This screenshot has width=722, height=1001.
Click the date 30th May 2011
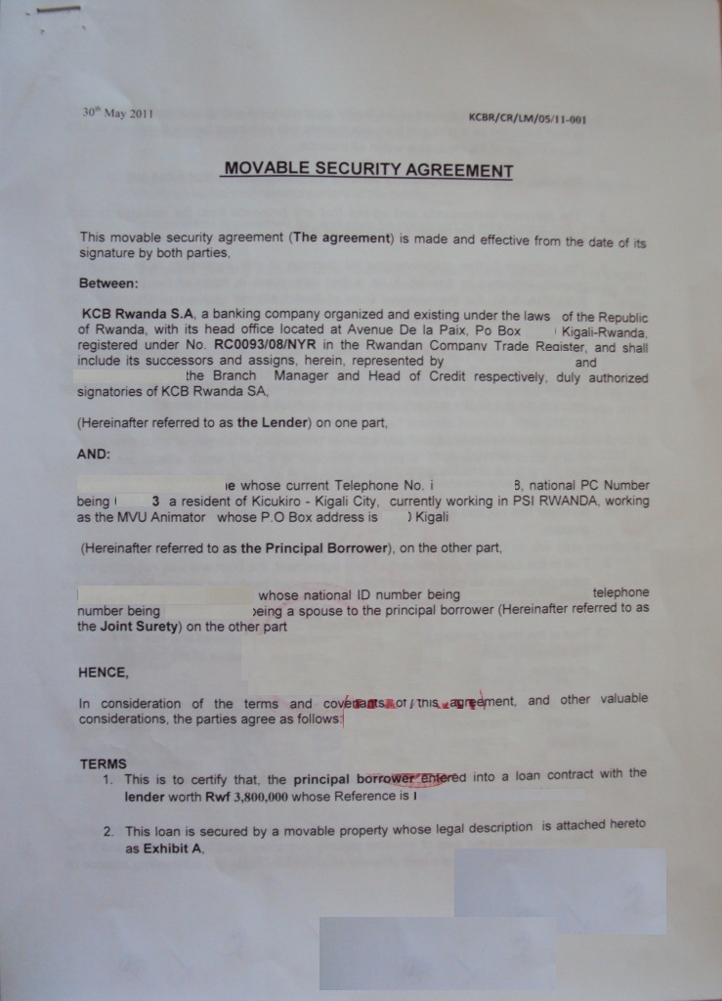tap(117, 113)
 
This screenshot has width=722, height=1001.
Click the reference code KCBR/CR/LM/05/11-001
tap(527, 120)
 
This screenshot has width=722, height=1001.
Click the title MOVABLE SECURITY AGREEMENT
tap(368, 169)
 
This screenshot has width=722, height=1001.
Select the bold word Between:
tap(108, 284)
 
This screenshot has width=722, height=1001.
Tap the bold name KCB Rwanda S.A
tap(139, 316)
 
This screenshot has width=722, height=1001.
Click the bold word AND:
tap(94, 455)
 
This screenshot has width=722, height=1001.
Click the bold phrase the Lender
tap(273, 423)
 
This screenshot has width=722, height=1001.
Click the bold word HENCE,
tap(103, 673)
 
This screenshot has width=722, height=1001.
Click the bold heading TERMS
tap(103, 763)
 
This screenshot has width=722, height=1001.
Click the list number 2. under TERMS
tap(109, 832)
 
